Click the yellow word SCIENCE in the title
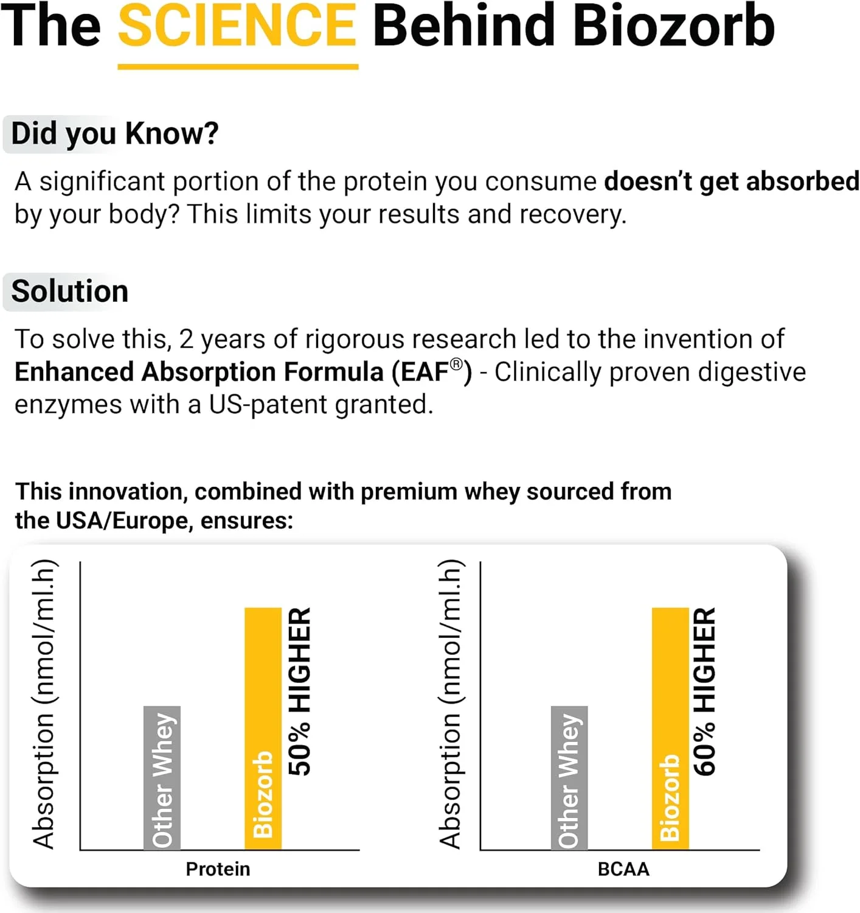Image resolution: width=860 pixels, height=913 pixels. tap(237, 25)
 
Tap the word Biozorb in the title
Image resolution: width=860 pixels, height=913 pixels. tap(674, 25)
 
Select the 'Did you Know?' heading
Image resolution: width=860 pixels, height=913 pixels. tap(115, 135)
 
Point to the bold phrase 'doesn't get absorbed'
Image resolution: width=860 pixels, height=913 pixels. tap(732, 181)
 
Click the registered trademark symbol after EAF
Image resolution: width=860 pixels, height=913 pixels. tap(456, 364)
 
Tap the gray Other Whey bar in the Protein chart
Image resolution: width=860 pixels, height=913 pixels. tap(162, 778)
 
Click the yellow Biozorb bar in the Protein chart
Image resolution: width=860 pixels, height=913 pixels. tap(263, 729)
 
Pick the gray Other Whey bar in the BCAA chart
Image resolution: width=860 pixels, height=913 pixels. tap(569, 778)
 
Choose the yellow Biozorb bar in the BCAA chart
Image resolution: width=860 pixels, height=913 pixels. tap(670, 729)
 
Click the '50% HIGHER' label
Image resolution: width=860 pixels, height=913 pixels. tap(299, 692)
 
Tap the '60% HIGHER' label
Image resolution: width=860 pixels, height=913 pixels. tap(704, 692)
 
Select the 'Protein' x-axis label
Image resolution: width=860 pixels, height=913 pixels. tap(218, 869)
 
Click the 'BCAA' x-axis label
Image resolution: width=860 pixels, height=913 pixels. tap(623, 869)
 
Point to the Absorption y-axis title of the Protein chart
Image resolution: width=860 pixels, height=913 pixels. tap(44, 704)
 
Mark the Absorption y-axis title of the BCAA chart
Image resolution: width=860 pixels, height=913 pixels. tap(451, 704)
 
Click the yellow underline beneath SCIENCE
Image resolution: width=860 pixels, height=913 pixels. tap(238, 67)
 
